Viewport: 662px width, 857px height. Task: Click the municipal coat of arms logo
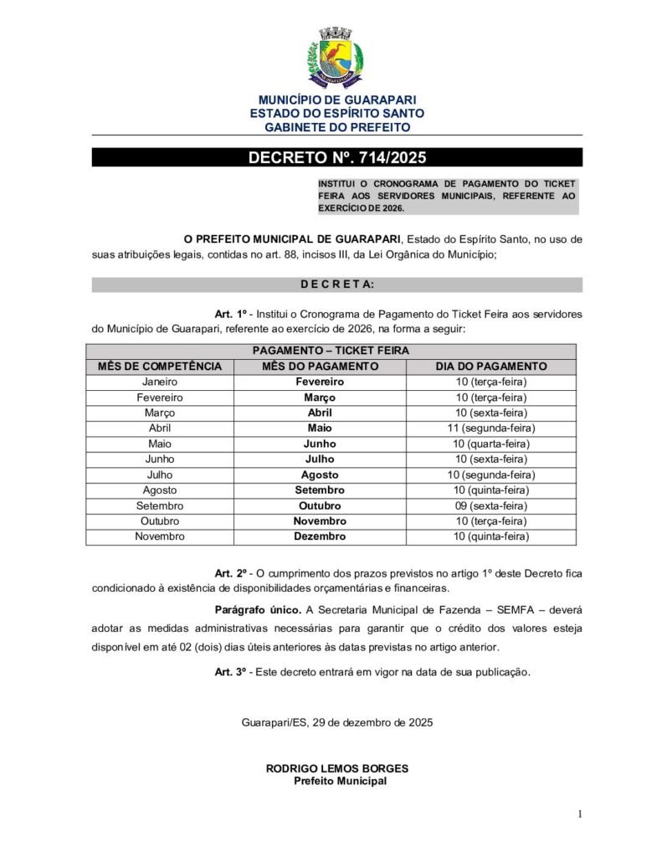point(336,56)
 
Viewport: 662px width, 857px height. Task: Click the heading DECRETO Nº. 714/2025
point(336,158)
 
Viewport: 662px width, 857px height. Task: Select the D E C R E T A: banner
point(336,285)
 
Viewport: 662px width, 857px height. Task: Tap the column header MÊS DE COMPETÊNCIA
point(160,367)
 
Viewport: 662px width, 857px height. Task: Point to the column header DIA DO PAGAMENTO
point(491,367)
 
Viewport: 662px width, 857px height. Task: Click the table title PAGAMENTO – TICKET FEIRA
point(331,352)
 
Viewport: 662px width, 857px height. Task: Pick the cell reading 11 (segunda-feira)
point(491,428)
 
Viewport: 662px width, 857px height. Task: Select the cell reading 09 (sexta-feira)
point(491,505)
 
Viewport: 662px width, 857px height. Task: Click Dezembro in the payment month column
point(320,536)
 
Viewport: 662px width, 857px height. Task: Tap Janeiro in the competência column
point(160,382)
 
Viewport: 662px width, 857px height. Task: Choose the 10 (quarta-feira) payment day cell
point(491,444)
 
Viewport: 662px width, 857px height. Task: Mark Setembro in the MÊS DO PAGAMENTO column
point(320,490)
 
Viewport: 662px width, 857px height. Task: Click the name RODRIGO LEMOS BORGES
point(337,768)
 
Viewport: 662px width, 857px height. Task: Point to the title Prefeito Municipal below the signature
point(340,781)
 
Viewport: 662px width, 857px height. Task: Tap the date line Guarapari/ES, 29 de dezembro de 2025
point(337,721)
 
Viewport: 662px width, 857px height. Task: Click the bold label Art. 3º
point(232,671)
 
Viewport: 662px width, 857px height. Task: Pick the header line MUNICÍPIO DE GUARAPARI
point(336,100)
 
